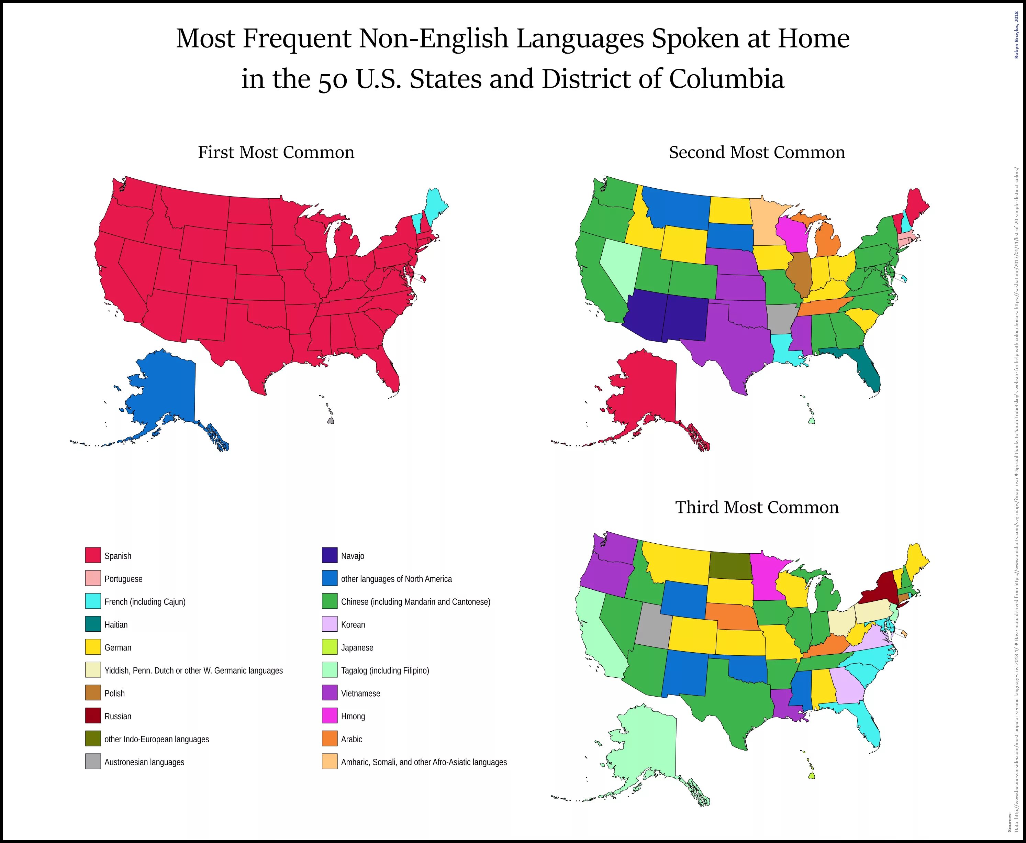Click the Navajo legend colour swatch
point(329,555)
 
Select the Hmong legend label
point(353,716)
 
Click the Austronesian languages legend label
point(144,762)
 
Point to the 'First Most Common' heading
point(276,153)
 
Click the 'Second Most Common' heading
point(757,153)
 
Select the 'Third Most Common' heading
point(757,508)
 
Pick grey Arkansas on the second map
point(780,318)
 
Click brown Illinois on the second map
point(799,274)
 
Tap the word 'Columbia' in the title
point(726,79)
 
